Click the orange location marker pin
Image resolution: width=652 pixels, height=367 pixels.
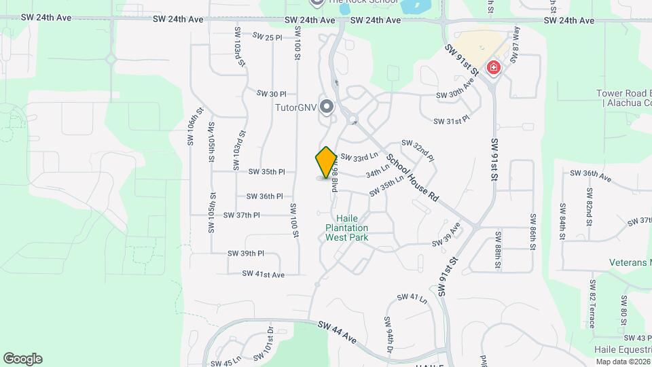coord(327,162)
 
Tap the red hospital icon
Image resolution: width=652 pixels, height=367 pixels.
coord(494,68)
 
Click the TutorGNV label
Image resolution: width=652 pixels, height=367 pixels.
coord(296,107)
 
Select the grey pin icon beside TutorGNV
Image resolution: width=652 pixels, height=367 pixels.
coord(327,107)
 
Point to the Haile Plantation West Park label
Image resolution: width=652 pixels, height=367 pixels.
coord(346,228)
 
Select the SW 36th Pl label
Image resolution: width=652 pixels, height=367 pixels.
coord(261,196)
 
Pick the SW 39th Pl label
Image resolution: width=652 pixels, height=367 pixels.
coord(245,254)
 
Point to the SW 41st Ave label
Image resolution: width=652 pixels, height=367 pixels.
coord(263,274)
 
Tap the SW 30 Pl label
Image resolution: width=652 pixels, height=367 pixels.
coord(272,94)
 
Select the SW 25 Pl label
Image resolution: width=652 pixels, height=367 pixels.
coord(267,37)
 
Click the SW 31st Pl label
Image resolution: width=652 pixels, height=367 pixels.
coord(452,120)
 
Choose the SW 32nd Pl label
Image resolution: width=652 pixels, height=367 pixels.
coord(417,149)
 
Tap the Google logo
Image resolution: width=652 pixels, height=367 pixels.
coord(22,359)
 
